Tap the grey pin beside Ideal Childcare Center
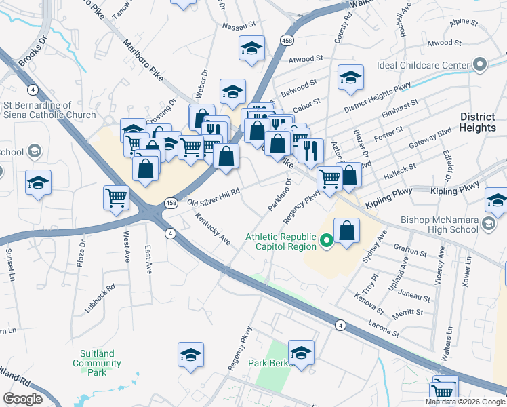(x=480, y=65)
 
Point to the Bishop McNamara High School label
(x=459, y=226)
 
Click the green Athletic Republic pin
(x=325, y=240)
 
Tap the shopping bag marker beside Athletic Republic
(x=347, y=231)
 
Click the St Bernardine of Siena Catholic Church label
(x=49, y=110)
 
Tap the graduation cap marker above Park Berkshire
(x=301, y=353)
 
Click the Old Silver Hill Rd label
(x=214, y=198)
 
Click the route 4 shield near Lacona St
(x=340, y=326)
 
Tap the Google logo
(x=23, y=399)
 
